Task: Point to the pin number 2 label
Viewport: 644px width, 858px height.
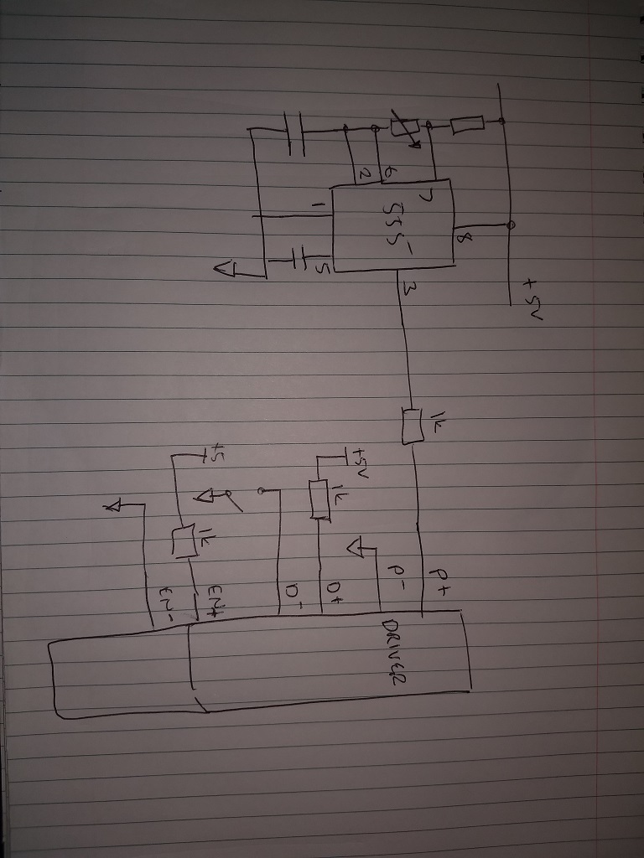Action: coord(363,173)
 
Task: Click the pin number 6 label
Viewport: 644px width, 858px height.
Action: coord(390,173)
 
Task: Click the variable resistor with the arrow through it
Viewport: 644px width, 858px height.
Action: coord(403,129)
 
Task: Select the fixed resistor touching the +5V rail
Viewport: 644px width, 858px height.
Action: coord(466,126)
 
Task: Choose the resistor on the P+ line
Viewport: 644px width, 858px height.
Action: coord(411,426)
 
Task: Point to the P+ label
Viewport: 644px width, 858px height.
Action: coord(439,576)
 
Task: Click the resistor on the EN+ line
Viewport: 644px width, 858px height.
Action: coord(184,540)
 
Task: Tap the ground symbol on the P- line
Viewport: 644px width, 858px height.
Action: coord(356,549)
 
